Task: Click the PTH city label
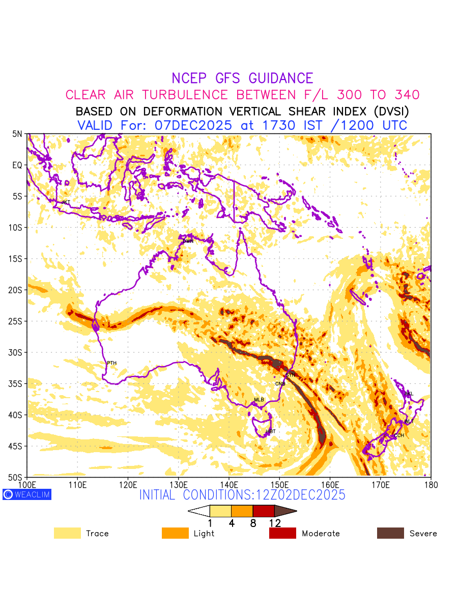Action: click(111, 363)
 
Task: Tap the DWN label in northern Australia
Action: click(188, 241)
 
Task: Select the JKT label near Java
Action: click(66, 202)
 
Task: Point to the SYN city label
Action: click(291, 375)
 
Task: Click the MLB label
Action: click(259, 400)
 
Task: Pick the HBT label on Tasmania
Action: click(271, 431)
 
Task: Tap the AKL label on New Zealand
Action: click(408, 394)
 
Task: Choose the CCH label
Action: click(399, 435)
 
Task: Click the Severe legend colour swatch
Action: click(390, 533)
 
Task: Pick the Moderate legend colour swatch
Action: click(282, 533)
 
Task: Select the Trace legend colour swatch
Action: click(67, 533)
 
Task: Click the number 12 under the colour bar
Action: click(275, 523)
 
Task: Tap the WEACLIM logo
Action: click(27, 494)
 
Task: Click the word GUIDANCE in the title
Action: click(281, 78)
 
